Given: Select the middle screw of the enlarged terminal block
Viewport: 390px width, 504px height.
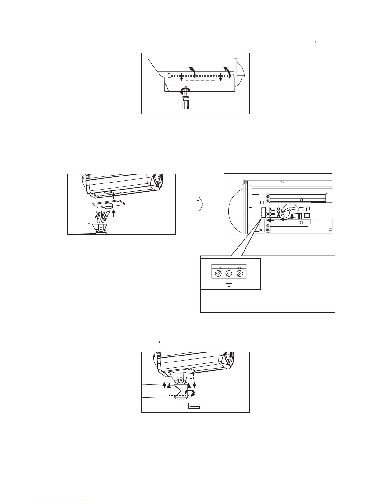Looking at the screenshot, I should [229, 273].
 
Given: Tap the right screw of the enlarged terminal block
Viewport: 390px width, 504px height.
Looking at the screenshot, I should [240, 273].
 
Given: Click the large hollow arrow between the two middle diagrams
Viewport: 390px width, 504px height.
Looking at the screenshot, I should [200, 204].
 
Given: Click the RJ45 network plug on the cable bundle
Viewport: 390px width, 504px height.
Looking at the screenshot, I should [98, 214].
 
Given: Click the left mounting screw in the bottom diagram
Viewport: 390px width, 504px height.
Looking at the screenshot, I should [168, 385].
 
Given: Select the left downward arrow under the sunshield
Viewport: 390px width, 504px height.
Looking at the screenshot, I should [181, 78].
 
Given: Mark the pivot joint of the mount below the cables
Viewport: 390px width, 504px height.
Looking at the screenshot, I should [101, 229].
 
